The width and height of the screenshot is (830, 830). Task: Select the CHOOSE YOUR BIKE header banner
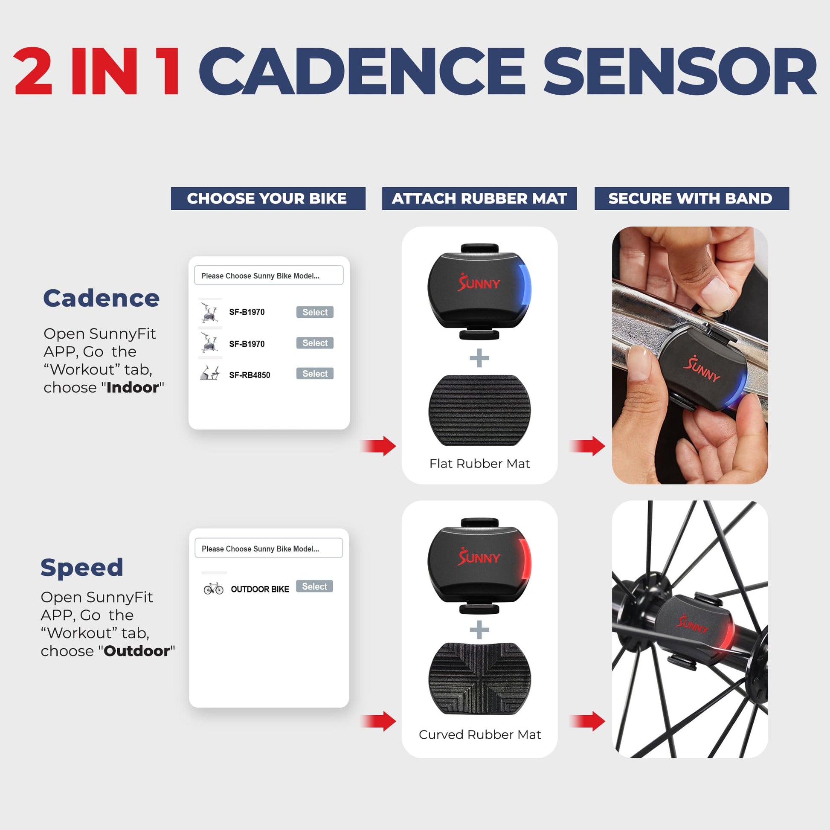[x=268, y=198]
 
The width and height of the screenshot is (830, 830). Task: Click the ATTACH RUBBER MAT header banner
[x=479, y=198]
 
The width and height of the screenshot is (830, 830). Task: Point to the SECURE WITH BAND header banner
[x=692, y=198]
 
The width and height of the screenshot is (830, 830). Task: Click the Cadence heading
[x=102, y=298]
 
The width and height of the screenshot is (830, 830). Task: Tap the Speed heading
[x=82, y=568]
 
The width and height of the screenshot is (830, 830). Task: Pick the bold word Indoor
[x=132, y=388]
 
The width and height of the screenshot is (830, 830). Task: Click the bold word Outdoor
[x=137, y=651]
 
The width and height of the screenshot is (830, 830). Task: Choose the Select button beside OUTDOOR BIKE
[x=314, y=586]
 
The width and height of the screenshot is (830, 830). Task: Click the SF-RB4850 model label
[x=250, y=375]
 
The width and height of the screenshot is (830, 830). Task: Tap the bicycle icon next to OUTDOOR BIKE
[x=214, y=588]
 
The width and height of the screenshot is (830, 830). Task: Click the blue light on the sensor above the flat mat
[x=526, y=284]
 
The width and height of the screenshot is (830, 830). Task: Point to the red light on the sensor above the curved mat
[x=526, y=558]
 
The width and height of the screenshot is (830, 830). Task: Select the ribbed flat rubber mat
[x=479, y=410]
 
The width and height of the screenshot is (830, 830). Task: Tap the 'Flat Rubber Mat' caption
[x=479, y=464]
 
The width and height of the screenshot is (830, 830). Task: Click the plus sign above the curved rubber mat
[x=479, y=630]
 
